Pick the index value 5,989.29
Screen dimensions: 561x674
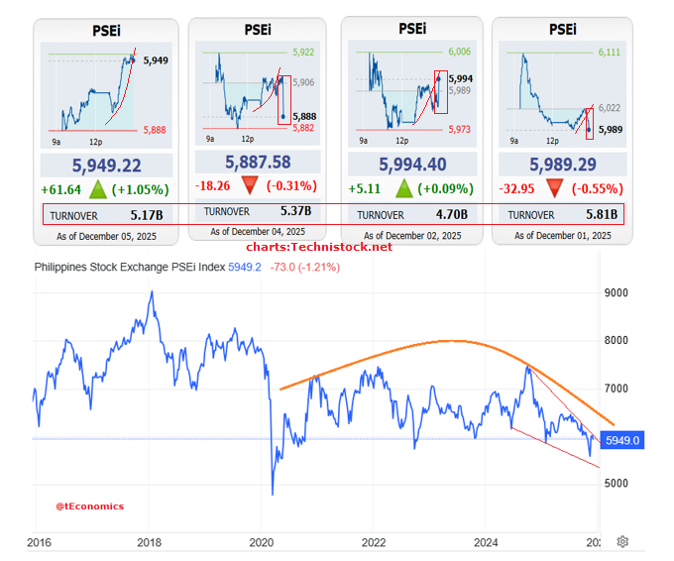pyautogui.click(x=562, y=165)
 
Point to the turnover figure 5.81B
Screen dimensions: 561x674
pyautogui.click(x=602, y=213)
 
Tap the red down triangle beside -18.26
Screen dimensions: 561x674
pyautogui.click(x=250, y=185)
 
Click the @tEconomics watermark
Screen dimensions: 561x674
pyautogui.click(x=89, y=505)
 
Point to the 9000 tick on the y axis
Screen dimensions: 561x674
pyautogui.click(x=617, y=293)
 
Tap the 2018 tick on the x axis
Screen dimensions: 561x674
pyautogui.click(x=150, y=542)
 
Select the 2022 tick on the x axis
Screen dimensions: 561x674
pyautogui.click(x=374, y=542)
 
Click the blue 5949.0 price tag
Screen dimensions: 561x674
pyautogui.click(x=623, y=440)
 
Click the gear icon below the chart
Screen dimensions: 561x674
pyautogui.click(x=622, y=541)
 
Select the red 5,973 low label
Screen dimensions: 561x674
pyautogui.click(x=459, y=129)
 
